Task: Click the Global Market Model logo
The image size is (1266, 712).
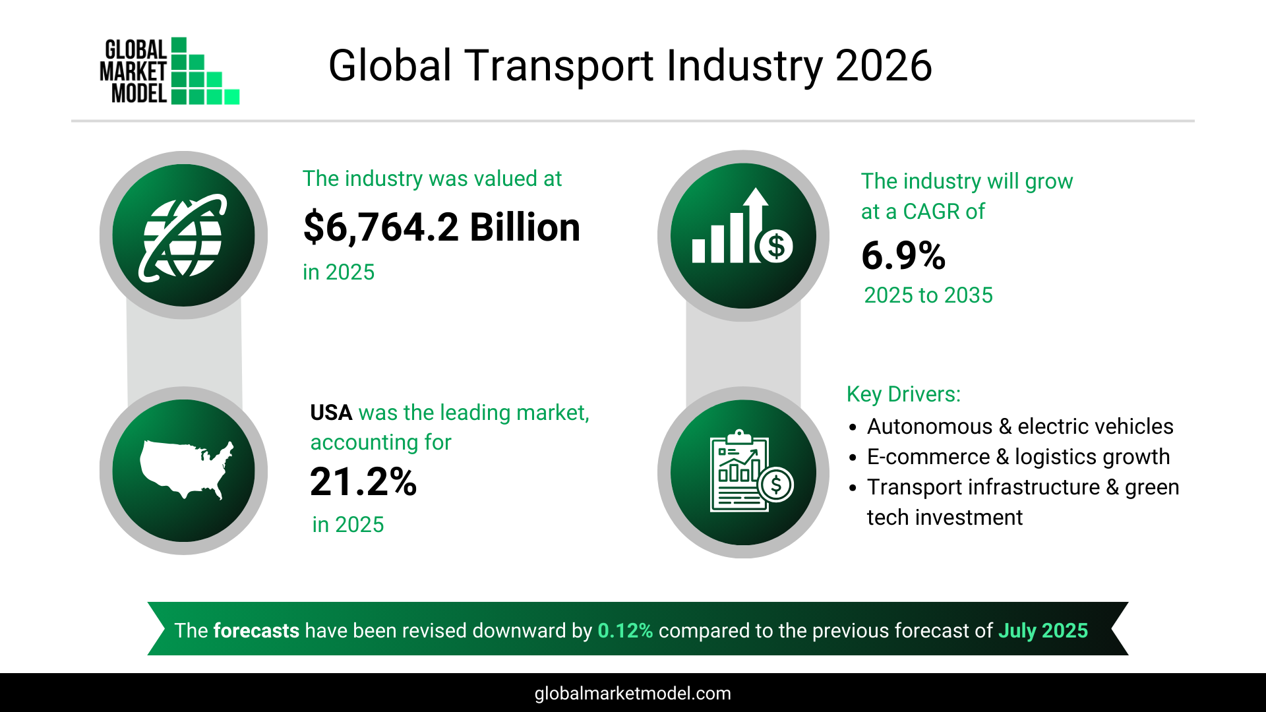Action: (x=169, y=71)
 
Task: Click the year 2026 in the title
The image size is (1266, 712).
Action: (x=883, y=66)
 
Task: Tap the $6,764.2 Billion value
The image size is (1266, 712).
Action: (x=441, y=227)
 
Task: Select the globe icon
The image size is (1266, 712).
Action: (x=183, y=235)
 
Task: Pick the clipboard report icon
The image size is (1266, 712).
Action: (x=748, y=472)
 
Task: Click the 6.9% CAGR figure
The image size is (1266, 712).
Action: (x=903, y=256)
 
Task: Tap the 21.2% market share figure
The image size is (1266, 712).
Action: (x=363, y=482)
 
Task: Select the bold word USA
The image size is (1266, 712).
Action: (x=331, y=413)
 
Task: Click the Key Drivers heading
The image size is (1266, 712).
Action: (x=903, y=394)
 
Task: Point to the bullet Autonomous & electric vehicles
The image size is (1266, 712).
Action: (x=1019, y=427)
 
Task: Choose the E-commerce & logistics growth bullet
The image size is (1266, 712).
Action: (x=1018, y=457)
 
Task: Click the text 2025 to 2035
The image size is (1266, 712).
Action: (x=928, y=295)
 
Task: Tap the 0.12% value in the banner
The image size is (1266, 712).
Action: (x=625, y=631)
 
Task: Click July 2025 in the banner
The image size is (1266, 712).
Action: (x=1043, y=631)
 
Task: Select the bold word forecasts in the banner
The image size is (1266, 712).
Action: (x=256, y=631)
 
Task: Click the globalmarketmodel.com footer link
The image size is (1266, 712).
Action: (x=632, y=694)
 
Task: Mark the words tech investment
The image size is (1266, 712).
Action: (x=944, y=518)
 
